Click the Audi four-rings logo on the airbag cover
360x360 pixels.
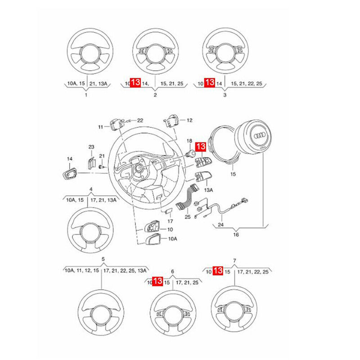261,137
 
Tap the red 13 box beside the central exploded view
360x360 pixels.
201,147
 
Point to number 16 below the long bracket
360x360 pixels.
236,234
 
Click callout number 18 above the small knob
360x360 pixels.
189,141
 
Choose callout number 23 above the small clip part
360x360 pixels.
91,147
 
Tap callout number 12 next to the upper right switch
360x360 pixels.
189,120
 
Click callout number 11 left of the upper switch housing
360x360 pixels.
101,127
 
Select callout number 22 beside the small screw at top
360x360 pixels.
139,120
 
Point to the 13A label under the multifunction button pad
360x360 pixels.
209,190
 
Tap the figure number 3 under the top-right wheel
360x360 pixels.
225,95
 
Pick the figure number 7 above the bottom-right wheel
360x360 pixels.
234,261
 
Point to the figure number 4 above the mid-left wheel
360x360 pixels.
91,189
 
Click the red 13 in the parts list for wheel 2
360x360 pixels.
135,83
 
